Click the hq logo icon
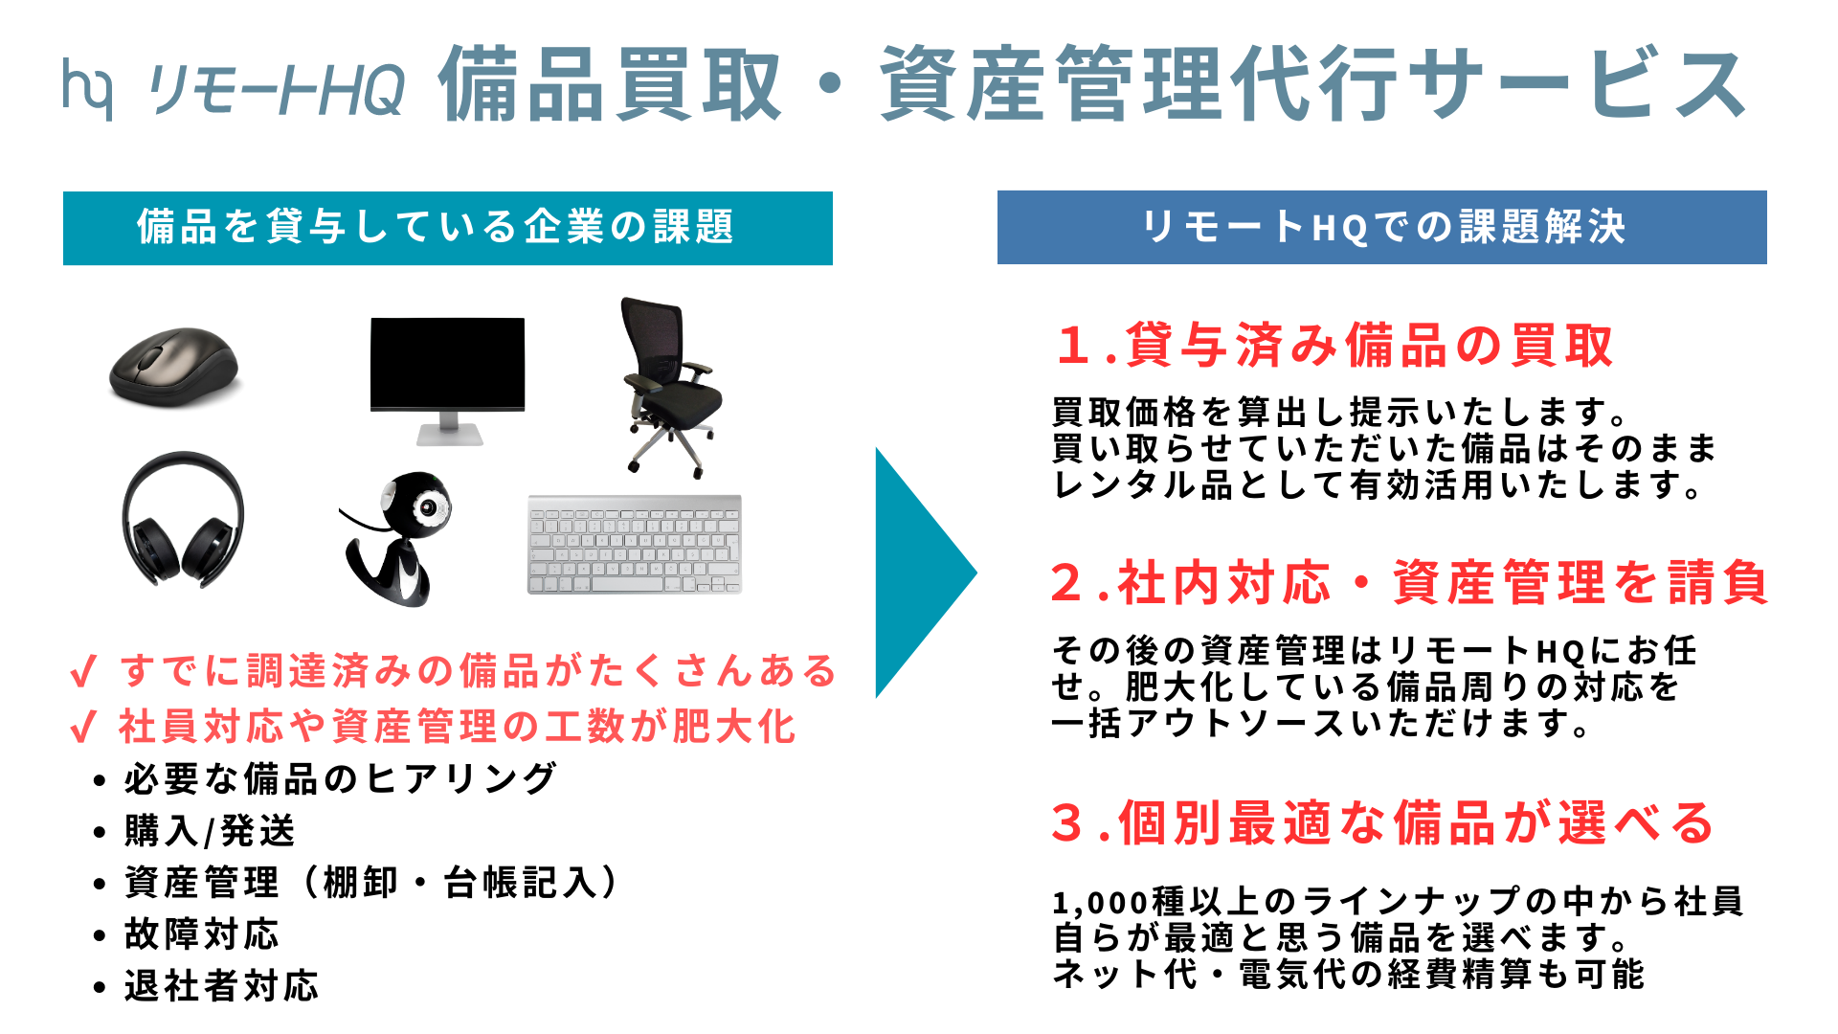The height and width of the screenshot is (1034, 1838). [x=87, y=88]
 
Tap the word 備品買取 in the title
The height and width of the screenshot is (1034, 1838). [x=611, y=85]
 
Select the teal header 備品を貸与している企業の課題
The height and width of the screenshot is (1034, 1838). [x=447, y=228]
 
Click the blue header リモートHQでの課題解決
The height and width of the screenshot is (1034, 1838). [x=1381, y=227]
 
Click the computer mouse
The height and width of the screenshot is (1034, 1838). [x=173, y=366]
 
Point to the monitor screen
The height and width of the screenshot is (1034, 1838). [x=447, y=363]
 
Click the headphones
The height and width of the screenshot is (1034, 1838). [x=183, y=519]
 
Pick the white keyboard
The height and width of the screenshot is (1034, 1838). [x=635, y=544]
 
